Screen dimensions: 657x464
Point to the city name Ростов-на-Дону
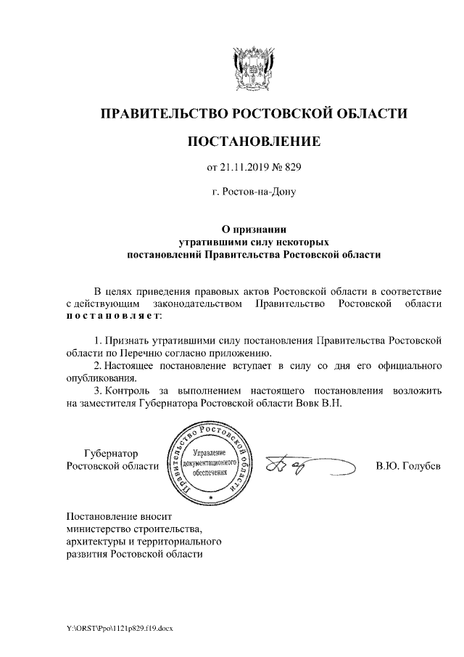tap(253, 192)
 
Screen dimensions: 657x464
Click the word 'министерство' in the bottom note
tap(95, 529)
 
